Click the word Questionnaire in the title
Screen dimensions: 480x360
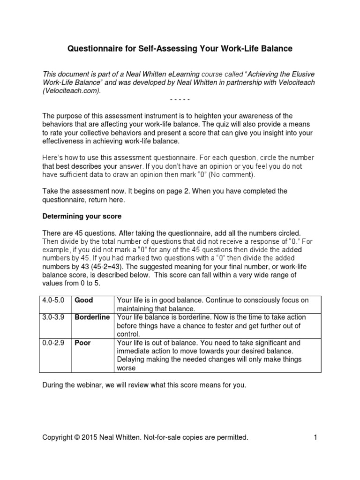tap(93, 49)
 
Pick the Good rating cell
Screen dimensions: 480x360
tap(84, 300)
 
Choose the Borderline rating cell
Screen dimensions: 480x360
tap(92, 317)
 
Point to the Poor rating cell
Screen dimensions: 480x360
tap(83, 343)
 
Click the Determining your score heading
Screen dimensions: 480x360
tap(82, 217)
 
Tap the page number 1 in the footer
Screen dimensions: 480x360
tap(316, 437)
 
